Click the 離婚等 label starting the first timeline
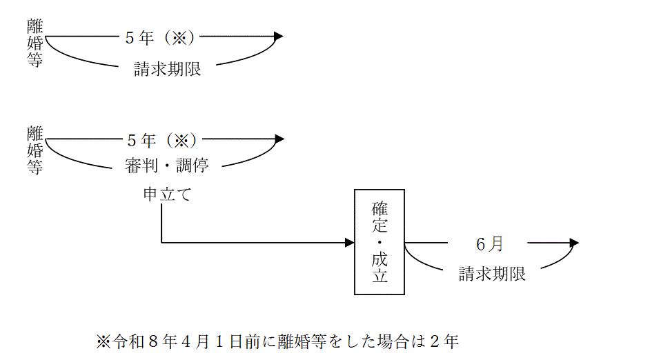click(x=35, y=43)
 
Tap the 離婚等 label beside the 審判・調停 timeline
click(x=35, y=149)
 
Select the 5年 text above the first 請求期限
click(x=138, y=38)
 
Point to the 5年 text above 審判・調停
click(x=140, y=140)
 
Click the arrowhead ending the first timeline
click(x=278, y=37)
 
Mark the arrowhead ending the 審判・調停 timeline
click(x=279, y=139)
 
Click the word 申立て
click(x=162, y=195)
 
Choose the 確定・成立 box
click(x=380, y=242)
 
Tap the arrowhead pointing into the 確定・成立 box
click(x=349, y=243)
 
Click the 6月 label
click(x=490, y=243)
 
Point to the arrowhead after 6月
click(x=573, y=243)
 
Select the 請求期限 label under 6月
click(x=493, y=274)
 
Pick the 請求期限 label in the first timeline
click(x=168, y=70)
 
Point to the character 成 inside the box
click(x=380, y=259)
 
